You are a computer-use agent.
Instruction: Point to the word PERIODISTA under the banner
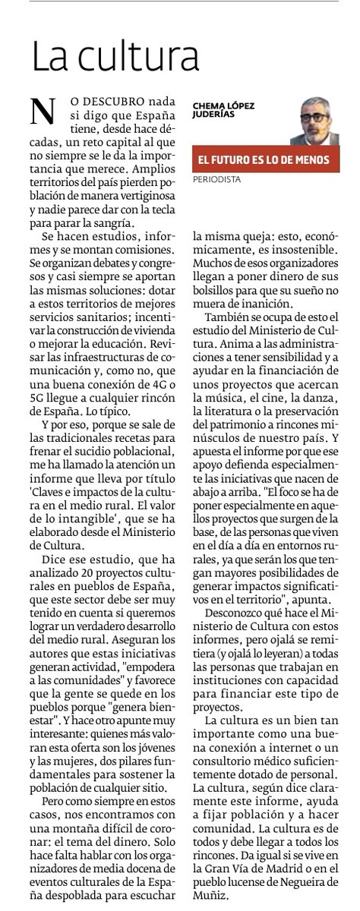[x=217, y=181]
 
